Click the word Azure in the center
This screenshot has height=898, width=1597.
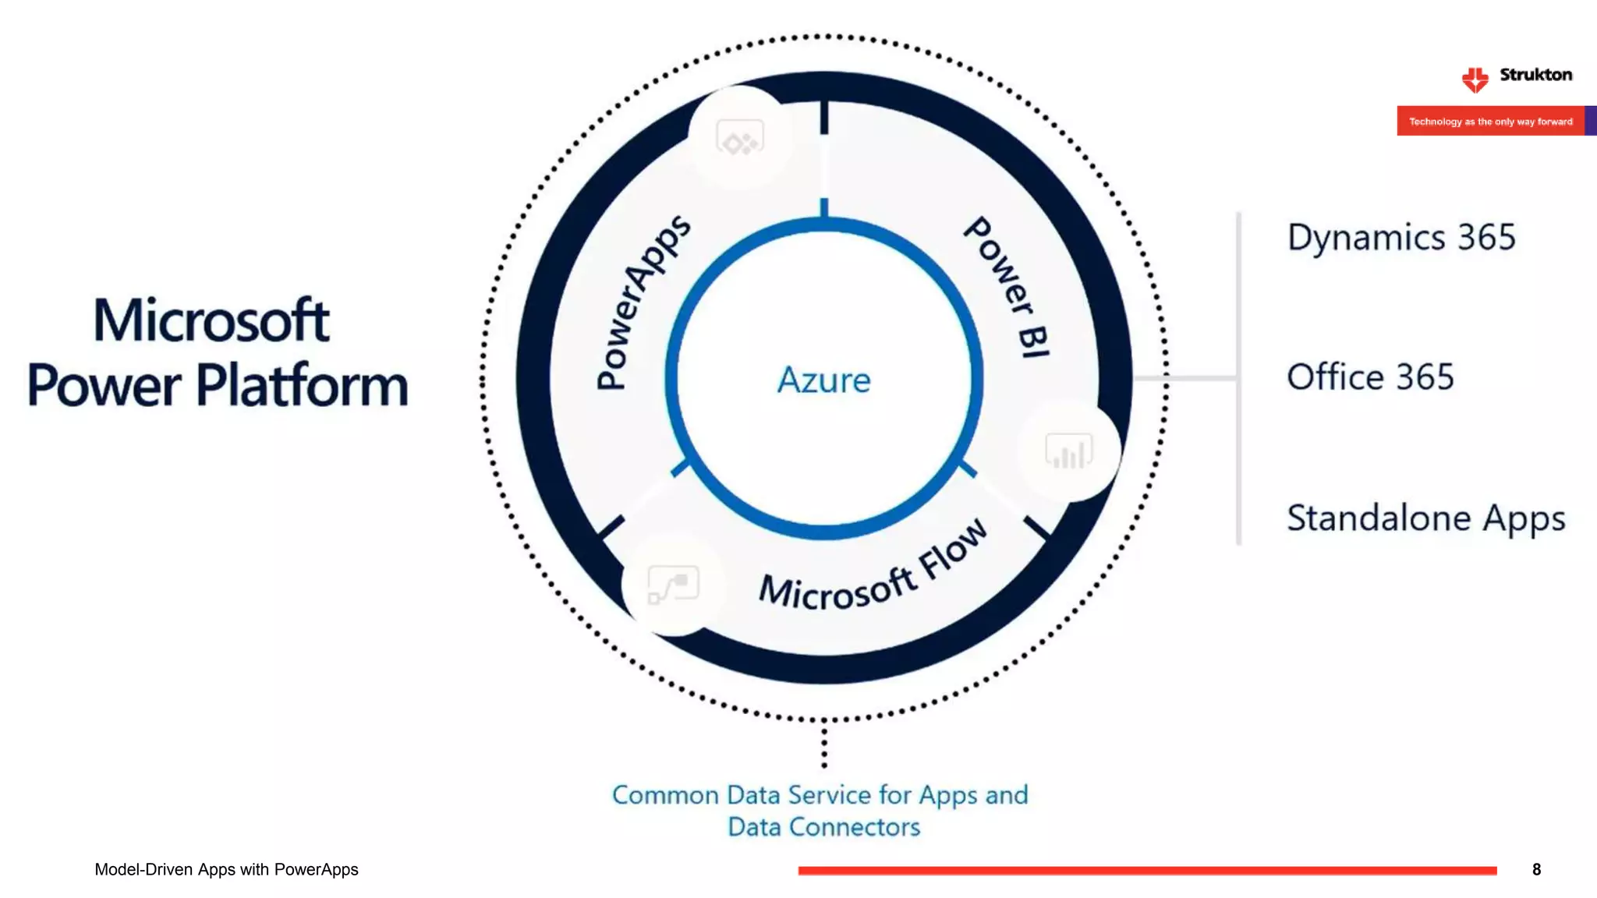click(823, 380)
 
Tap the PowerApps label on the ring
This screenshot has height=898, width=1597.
click(641, 302)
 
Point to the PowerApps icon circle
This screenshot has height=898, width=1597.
click(740, 138)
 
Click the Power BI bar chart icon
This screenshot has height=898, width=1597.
click(1068, 451)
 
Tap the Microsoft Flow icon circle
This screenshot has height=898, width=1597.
click(673, 585)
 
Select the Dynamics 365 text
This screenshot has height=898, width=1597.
click(1400, 237)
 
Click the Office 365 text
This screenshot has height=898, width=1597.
click(1370, 377)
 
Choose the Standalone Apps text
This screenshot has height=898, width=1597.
click(1425, 518)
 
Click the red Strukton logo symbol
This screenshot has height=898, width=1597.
click(1475, 79)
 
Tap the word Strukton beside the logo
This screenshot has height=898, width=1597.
click(1535, 75)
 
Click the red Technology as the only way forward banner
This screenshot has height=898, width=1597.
click(1490, 122)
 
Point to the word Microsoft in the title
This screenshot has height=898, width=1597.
click(211, 320)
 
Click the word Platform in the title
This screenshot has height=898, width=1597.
click(302, 385)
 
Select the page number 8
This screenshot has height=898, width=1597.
click(1536, 869)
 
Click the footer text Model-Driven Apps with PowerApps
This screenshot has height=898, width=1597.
click(226, 869)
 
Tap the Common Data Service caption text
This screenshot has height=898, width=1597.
click(820, 811)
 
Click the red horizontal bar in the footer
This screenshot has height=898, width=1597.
click(1146, 870)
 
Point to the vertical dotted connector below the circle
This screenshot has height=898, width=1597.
click(824, 744)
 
